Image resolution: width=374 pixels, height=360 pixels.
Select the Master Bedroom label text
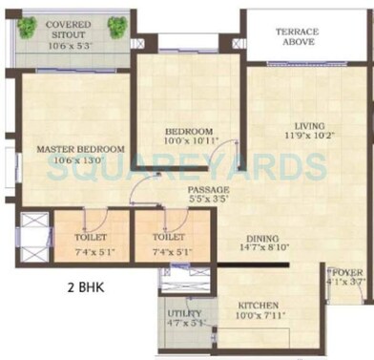[x=81, y=149]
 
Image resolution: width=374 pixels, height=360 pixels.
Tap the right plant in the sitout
[x=116, y=27]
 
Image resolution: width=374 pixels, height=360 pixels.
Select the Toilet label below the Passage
[x=168, y=237]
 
